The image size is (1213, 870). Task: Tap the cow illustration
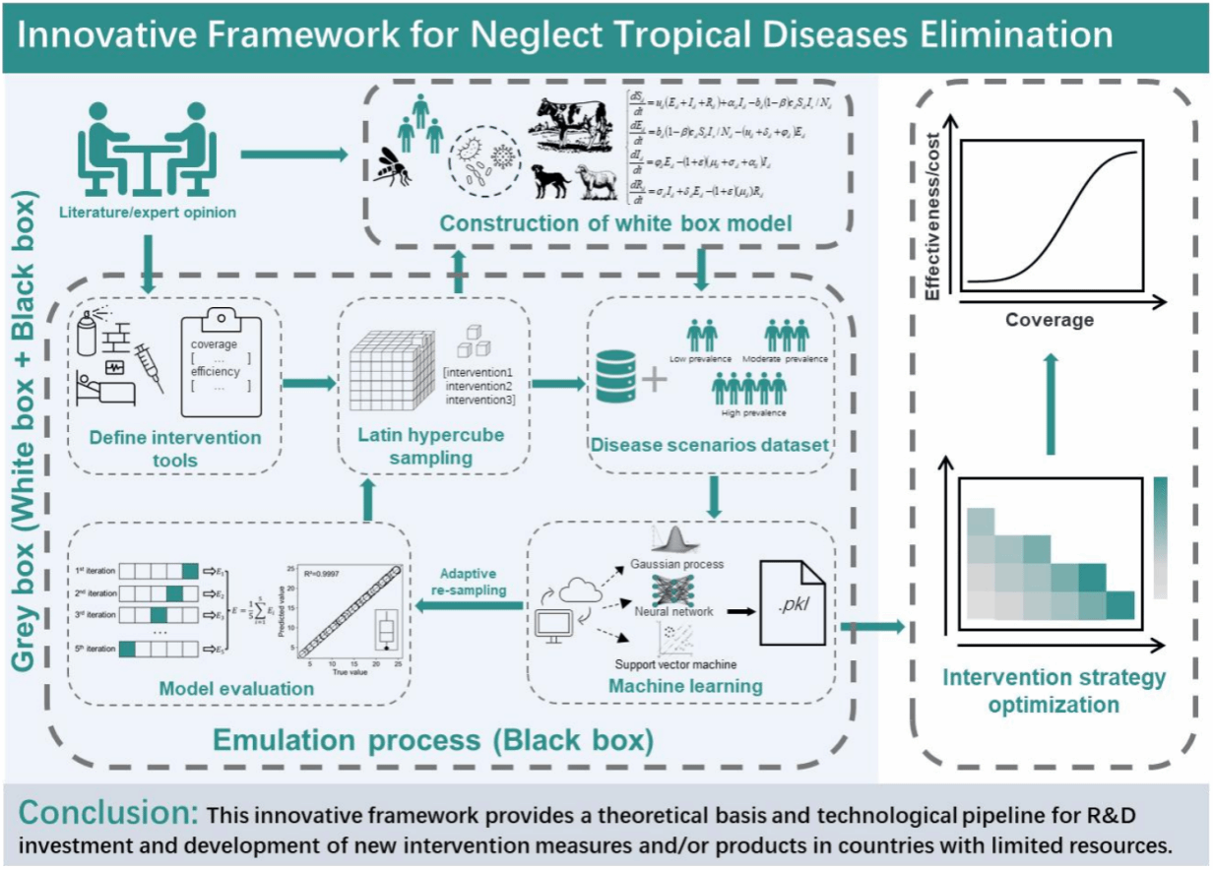[570, 128]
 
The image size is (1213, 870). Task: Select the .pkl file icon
[791, 596]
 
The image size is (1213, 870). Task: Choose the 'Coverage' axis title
[1049, 320]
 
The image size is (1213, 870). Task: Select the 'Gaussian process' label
[677, 564]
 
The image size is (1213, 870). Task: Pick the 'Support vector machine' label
[675, 664]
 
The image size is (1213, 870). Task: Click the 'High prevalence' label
[750, 413]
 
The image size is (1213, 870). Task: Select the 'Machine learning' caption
[685, 685]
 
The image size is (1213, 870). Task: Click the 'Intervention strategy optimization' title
[1053, 691]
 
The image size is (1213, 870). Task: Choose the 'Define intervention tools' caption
[176, 448]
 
